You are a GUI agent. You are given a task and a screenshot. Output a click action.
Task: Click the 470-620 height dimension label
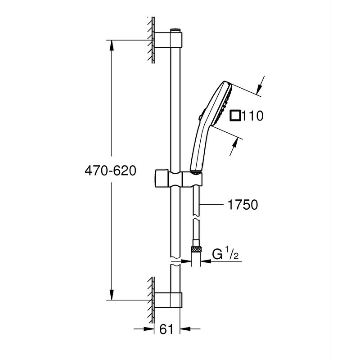110,171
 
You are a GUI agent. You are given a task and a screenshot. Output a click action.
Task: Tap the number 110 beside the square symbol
252,116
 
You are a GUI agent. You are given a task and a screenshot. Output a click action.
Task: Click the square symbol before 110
234,116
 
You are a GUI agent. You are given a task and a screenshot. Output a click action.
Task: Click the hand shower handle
198,148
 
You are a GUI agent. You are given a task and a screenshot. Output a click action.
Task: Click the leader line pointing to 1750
211,205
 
